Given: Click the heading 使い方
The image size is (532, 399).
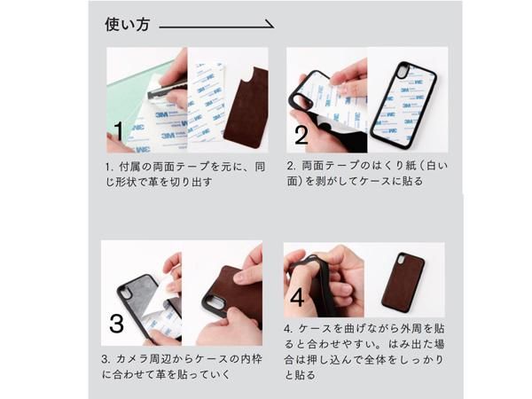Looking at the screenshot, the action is [x=127, y=25].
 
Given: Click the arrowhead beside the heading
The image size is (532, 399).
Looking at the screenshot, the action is [x=270, y=25].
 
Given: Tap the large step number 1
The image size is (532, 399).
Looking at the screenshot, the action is [x=118, y=131].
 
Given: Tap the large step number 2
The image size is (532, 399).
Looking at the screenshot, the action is [x=301, y=135].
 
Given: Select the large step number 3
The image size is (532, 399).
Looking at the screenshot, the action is [x=116, y=324].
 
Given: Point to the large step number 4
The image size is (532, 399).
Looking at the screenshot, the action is [x=298, y=297].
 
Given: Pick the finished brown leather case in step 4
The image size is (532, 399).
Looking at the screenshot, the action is [x=403, y=281].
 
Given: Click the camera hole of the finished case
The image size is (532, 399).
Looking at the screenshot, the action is [x=401, y=262].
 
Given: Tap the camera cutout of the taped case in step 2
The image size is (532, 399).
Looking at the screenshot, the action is [x=402, y=72].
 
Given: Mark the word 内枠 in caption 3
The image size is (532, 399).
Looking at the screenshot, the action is [x=252, y=359].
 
